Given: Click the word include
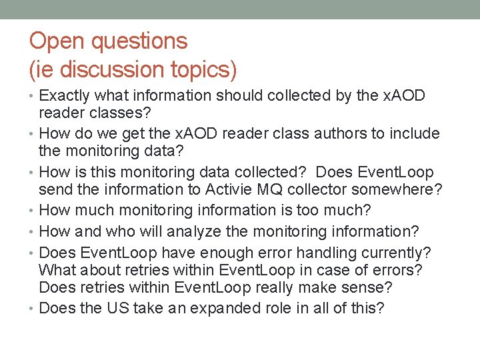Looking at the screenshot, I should pyautogui.click(x=412, y=134).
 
